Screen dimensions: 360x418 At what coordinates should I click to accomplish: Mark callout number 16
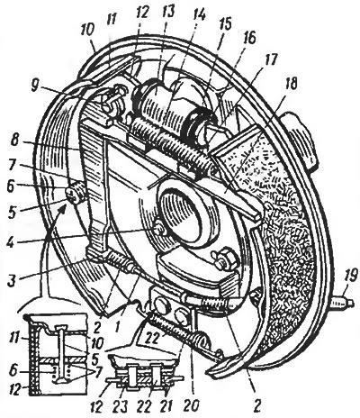click(x=247, y=40)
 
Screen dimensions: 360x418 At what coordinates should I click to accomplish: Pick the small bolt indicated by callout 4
click(x=159, y=230)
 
